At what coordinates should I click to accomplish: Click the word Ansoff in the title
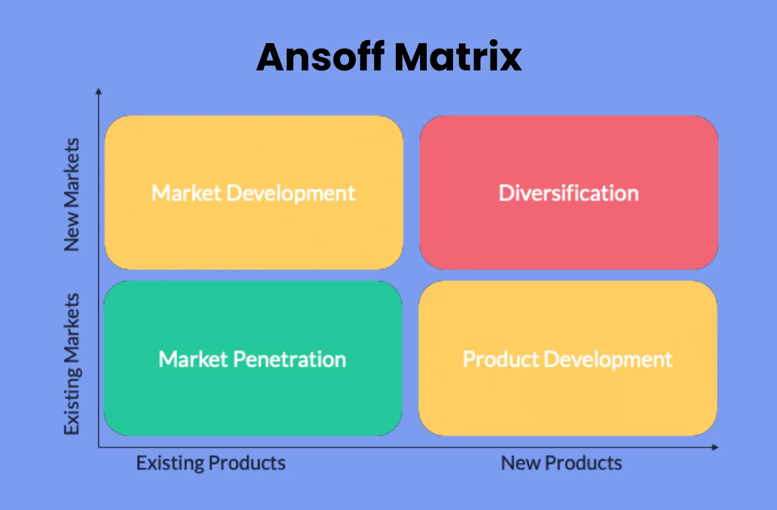click(x=319, y=58)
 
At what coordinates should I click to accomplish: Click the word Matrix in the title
click(x=458, y=58)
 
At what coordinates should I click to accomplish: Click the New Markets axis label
click(x=72, y=194)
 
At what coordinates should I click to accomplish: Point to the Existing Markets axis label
click(x=72, y=364)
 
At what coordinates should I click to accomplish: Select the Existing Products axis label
click(x=211, y=463)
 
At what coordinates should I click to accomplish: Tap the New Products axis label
click(x=562, y=463)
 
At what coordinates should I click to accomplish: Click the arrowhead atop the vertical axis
click(x=98, y=91)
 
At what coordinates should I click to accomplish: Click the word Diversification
click(x=569, y=193)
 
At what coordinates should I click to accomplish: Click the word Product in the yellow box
click(x=501, y=359)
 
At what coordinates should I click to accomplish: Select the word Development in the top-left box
click(x=290, y=193)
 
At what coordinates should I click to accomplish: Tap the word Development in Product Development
click(x=608, y=359)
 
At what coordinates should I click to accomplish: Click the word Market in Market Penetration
click(x=193, y=359)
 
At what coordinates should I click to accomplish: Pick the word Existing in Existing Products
click(x=170, y=463)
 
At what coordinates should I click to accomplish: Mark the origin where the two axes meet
click(x=99, y=447)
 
